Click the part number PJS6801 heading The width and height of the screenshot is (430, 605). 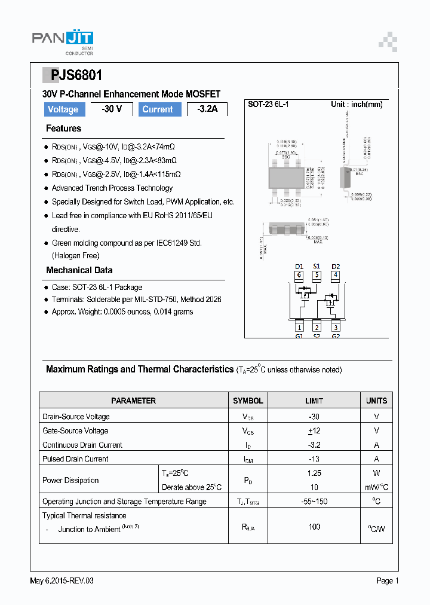[76, 75]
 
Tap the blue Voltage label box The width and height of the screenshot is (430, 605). [63, 109]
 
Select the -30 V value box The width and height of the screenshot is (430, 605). [111, 109]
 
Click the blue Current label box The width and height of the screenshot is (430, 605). [158, 109]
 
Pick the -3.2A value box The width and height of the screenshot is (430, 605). [207, 109]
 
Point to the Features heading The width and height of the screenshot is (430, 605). [63, 129]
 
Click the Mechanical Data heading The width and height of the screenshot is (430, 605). [79, 270]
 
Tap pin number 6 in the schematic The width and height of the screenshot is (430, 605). [299, 276]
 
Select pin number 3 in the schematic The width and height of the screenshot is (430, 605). [336, 326]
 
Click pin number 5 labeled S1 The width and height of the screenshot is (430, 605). [317, 276]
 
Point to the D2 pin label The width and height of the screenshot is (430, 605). [336, 266]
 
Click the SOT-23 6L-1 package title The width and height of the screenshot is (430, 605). [269, 105]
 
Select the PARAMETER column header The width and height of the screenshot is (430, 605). [133, 401]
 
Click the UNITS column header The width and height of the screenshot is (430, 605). [376, 401]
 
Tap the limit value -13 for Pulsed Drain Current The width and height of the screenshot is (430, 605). [314, 459]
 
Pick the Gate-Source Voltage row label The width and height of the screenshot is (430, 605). [75, 430]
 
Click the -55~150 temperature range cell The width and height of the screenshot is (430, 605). [314, 502]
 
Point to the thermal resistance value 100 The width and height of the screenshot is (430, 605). [314, 527]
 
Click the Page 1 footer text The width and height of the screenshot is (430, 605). [387, 580]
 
